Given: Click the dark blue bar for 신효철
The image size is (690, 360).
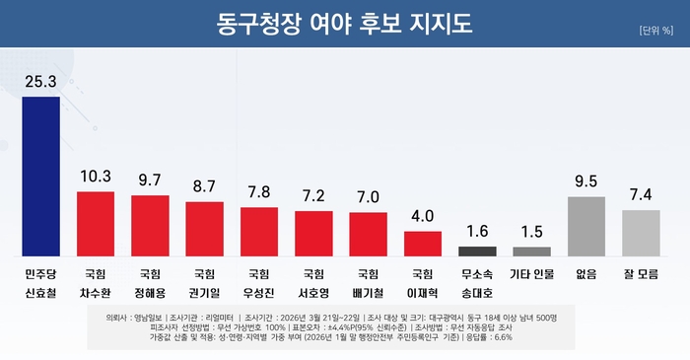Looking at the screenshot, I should tap(41, 175).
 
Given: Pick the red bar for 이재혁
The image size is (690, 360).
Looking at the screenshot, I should tap(423, 243).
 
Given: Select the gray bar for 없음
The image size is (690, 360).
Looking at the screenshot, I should tap(586, 225).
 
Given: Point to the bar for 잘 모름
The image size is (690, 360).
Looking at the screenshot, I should tap(641, 232).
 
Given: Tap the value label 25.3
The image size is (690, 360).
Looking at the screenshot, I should tap(41, 83).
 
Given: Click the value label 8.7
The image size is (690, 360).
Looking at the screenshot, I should tap(205, 185).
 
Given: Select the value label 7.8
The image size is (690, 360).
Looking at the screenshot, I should tap(259, 191).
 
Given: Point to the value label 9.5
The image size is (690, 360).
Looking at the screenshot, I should tap(586, 180).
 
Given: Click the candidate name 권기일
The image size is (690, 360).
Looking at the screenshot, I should tap(205, 294).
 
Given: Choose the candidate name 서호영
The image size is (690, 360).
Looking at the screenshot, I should tap(314, 294).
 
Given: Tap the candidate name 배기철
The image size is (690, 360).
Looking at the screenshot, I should tap(369, 294).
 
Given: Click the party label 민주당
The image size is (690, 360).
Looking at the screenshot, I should tap(41, 272).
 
